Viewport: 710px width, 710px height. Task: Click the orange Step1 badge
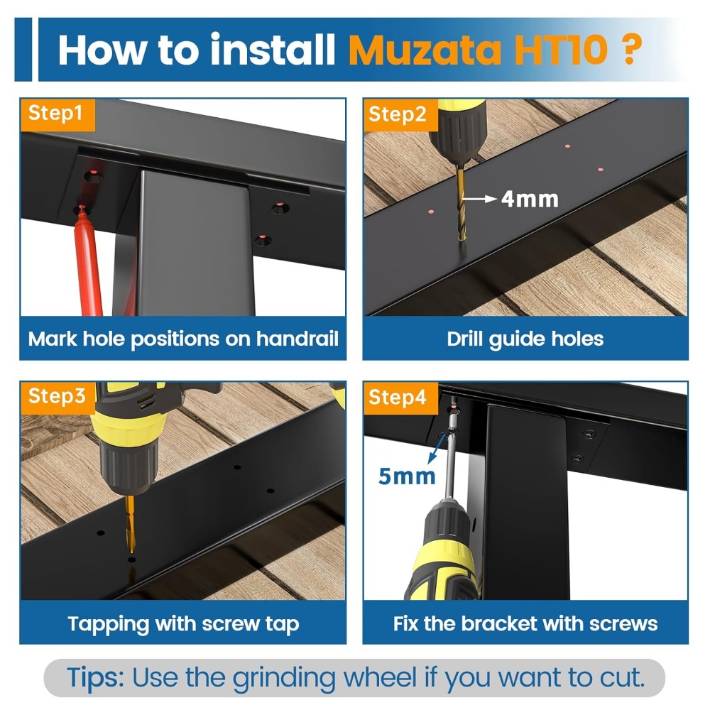57,114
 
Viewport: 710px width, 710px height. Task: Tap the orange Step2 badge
400,114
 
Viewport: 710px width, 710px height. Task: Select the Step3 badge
58,397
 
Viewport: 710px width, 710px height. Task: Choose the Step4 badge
400,398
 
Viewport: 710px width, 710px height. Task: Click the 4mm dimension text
530,200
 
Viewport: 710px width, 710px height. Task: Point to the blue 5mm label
407,476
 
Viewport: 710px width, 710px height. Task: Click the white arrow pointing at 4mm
479,198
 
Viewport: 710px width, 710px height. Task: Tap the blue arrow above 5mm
437,447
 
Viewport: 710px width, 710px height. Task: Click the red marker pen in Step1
88,261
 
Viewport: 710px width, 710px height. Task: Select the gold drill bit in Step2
461,203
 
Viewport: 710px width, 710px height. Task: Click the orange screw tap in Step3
131,524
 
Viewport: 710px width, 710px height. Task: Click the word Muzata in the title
425,50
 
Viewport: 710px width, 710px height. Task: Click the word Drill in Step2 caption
464,339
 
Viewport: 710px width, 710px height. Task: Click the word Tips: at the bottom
95,678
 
